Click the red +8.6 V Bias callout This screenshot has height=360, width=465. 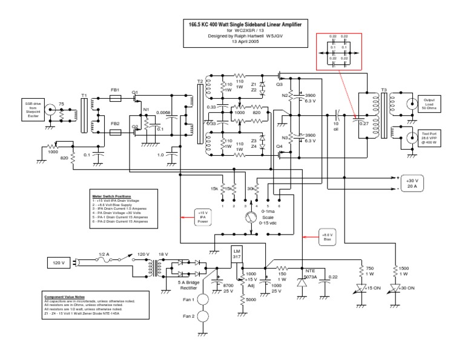tap(327, 238)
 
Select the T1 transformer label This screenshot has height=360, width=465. tap(84, 96)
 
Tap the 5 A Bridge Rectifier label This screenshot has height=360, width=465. tap(188, 284)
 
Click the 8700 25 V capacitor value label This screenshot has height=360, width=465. tap(229, 287)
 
